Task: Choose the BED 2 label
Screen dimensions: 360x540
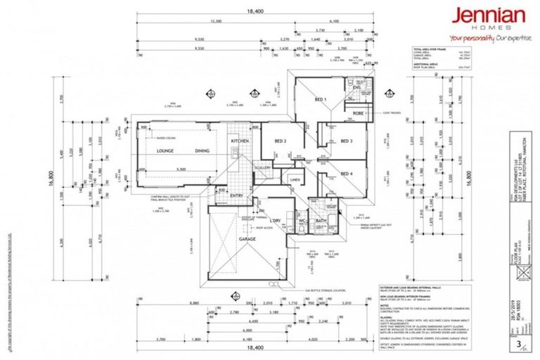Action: pyautogui.click(x=281, y=141)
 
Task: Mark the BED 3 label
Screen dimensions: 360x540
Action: pyautogui.click(x=346, y=141)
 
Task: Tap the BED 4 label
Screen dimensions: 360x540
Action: pyautogui.click(x=346, y=174)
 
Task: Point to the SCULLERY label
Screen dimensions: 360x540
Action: pyautogui.click(x=264, y=169)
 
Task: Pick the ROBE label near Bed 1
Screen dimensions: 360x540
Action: pyautogui.click(x=357, y=112)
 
